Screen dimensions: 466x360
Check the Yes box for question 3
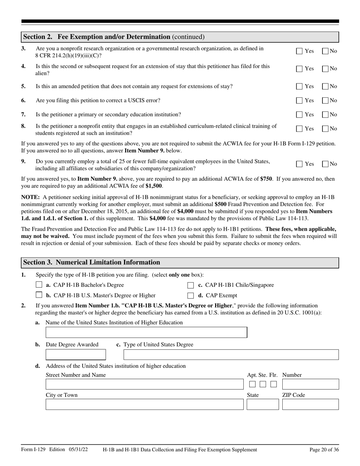tap(299, 51)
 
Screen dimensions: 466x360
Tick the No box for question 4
tap(325, 69)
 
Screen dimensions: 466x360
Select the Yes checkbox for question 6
tap(299, 101)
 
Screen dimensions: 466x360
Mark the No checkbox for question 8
tap(325, 129)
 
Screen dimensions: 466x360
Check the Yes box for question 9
tap(299, 164)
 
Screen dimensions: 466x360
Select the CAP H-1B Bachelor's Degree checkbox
tap(39, 285)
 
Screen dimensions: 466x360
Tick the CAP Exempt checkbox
tap(191, 296)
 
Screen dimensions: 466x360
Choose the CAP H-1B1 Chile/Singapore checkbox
tap(191, 285)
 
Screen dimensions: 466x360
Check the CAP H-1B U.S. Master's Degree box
tap(39, 295)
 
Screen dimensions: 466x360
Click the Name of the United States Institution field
tap(146, 333)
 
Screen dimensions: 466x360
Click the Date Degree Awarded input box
tap(76, 355)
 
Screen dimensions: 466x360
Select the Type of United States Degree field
tap(231, 355)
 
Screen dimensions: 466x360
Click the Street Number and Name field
tap(144, 384)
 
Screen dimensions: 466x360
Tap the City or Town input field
tap(144, 404)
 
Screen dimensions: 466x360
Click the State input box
tap(263, 404)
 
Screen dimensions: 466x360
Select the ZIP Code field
tap(310, 404)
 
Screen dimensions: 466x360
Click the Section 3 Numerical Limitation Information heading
tap(92, 263)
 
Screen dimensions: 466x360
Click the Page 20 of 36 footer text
tap(324, 450)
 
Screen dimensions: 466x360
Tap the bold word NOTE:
tap(30, 197)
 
